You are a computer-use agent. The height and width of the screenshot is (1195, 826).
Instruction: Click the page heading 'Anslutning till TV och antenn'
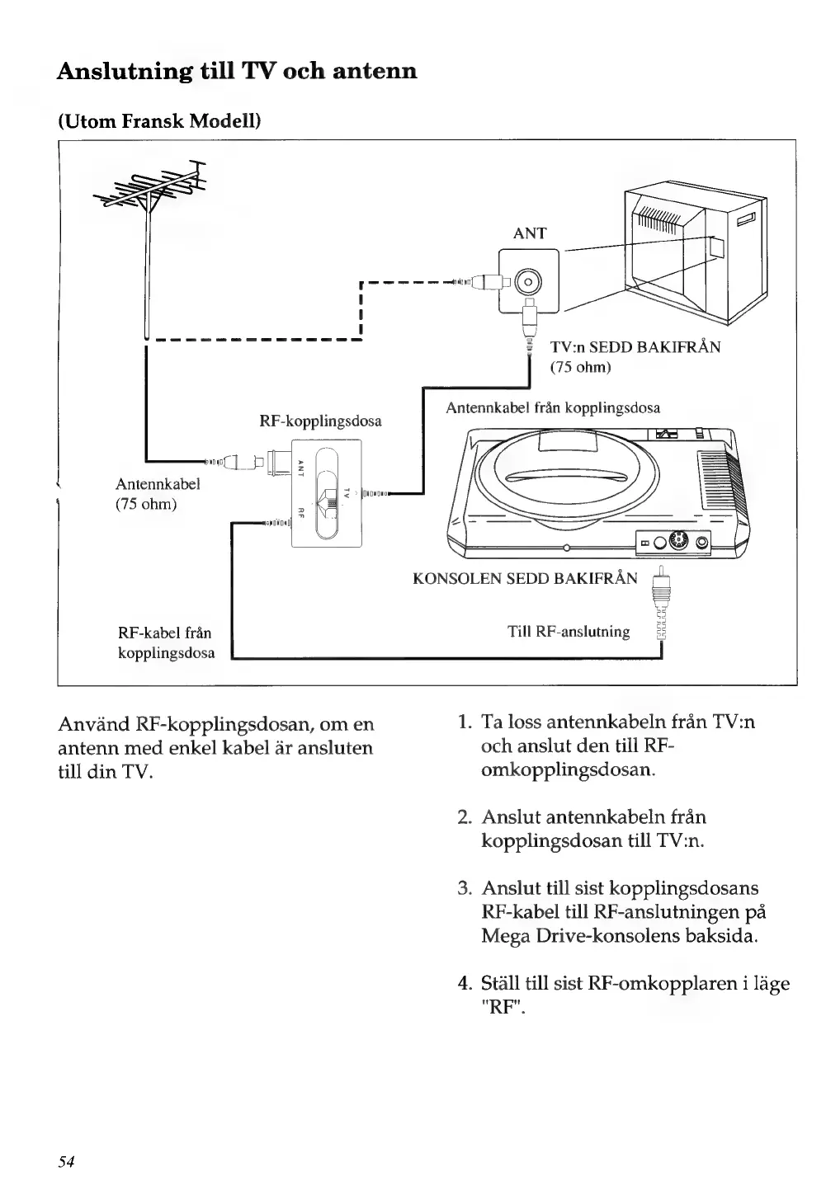[237, 71]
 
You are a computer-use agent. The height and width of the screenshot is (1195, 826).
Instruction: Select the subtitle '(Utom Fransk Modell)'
[158, 123]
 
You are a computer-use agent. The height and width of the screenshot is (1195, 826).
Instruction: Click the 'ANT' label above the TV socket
[529, 233]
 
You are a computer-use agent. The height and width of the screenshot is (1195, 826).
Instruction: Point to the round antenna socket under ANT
[528, 283]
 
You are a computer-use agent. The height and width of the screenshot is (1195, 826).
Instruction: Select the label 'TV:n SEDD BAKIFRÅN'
[635, 347]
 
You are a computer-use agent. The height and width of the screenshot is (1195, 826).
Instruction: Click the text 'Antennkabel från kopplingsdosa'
[552, 408]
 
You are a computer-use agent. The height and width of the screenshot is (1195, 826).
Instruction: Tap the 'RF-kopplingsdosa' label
[320, 421]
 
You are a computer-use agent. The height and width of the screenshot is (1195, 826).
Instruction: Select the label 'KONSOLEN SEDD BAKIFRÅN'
[524, 578]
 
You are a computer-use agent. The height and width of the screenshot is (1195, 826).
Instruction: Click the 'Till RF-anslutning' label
[569, 633]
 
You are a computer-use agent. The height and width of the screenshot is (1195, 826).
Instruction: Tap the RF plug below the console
[660, 598]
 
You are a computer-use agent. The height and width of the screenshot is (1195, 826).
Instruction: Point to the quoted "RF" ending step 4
[499, 1007]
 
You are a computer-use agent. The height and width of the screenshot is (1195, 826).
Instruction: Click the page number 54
[66, 1161]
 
